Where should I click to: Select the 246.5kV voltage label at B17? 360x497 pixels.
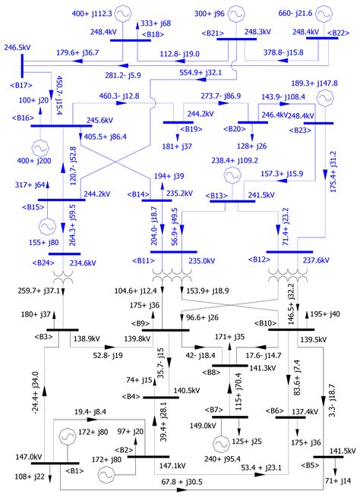coord(17,47)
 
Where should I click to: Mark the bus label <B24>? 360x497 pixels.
coord(45,264)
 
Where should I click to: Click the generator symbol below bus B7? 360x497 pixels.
coord(222,442)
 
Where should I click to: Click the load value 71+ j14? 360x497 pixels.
coord(338,482)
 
